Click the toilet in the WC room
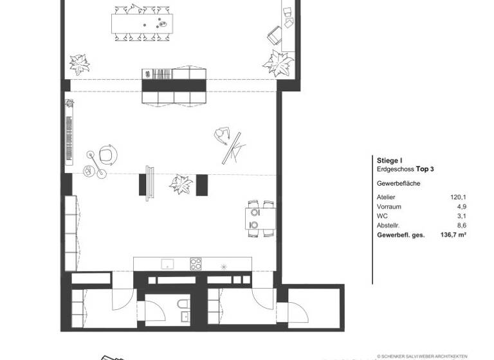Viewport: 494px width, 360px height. (x=183, y=303)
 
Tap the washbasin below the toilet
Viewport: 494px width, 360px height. (x=184, y=316)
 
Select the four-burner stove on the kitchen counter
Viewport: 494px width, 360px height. (x=196, y=264)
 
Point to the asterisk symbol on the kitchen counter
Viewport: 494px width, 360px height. (x=224, y=265)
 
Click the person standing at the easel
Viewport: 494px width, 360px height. (x=222, y=136)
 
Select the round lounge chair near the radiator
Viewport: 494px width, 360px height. (x=109, y=155)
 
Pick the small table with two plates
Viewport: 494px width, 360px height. (x=261, y=219)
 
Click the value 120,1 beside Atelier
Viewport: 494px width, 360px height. (x=457, y=197)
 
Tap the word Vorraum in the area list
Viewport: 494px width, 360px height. (x=389, y=207)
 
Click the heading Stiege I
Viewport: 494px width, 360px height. (x=389, y=159)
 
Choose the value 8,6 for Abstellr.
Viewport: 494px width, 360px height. (x=460, y=226)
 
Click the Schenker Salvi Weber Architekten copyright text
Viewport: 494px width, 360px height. (x=422, y=355)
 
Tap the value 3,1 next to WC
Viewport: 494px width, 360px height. (x=460, y=217)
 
